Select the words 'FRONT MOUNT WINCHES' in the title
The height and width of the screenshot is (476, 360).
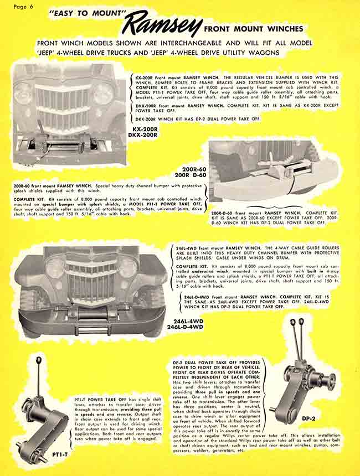pos(253,28)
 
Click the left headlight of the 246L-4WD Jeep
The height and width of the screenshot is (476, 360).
pos(55,268)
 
